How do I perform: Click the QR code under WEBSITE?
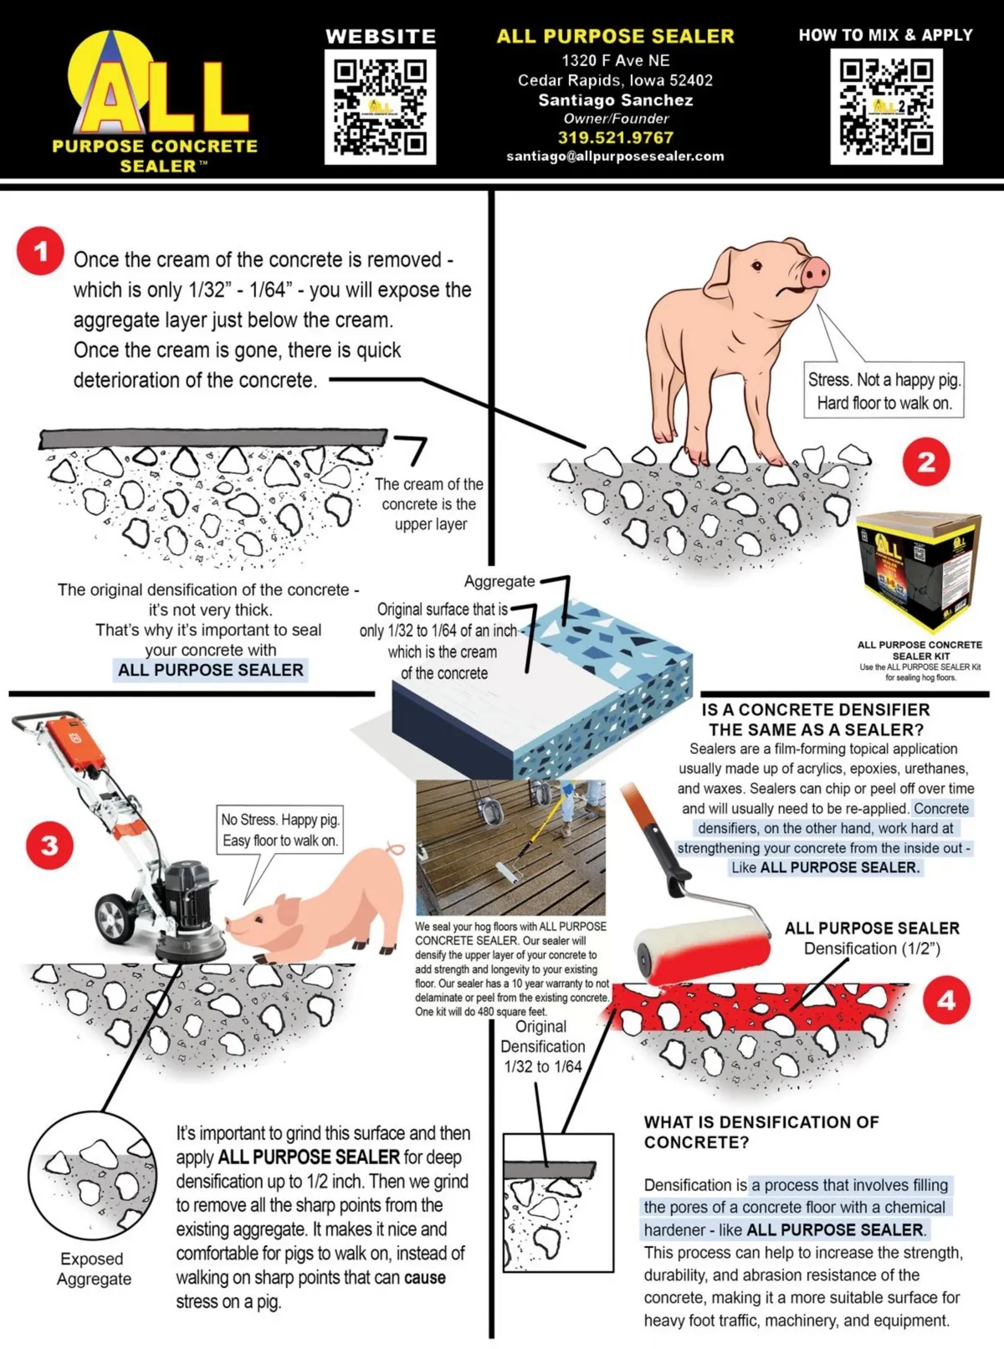click(x=381, y=106)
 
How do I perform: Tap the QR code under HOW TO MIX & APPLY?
click(x=886, y=106)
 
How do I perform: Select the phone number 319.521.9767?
click(x=615, y=137)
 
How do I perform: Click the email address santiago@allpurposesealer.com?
click(x=615, y=156)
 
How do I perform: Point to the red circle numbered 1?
click(x=40, y=251)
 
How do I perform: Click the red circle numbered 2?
click(x=926, y=462)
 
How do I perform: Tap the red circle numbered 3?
click(x=49, y=846)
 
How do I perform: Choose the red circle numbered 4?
click(x=946, y=1000)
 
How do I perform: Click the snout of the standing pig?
click(x=814, y=272)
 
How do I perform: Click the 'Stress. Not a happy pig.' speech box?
click(x=884, y=391)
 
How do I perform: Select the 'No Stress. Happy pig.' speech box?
click(x=280, y=830)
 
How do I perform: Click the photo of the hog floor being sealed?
click(x=510, y=848)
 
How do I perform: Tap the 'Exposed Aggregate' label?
click(x=94, y=1269)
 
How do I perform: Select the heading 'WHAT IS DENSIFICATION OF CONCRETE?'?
click(x=761, y=1132)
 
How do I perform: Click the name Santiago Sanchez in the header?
click(x=615, y=100)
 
